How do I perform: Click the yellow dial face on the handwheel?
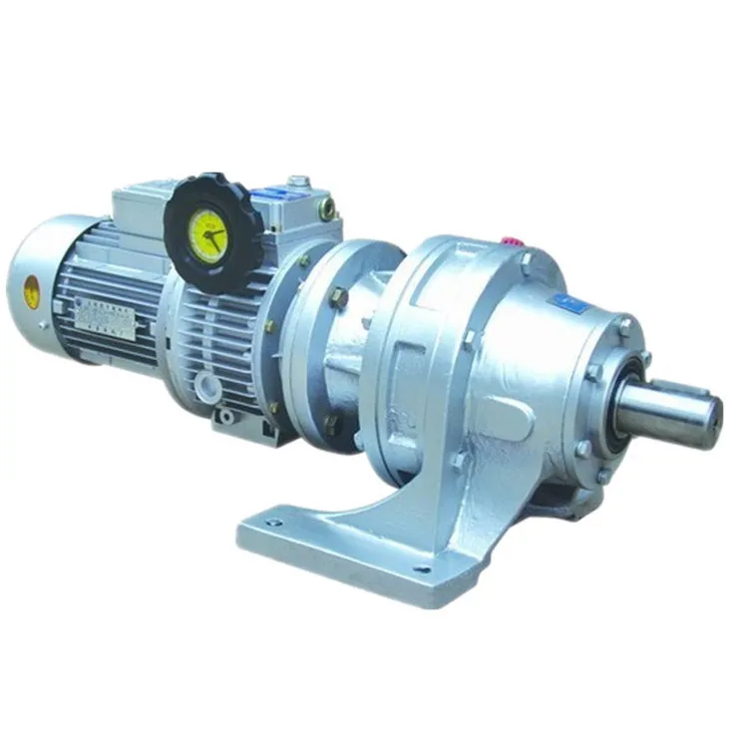click(x=208, y=237)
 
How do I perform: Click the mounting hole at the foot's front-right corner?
click(x=423, y=570)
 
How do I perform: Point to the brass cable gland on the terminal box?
click(x=327, y=208)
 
